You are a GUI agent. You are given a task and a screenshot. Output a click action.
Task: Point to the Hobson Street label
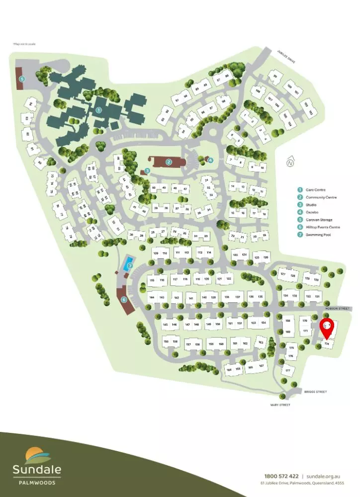[x=338, y=308]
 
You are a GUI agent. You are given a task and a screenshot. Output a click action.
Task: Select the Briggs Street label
[x=315, y=392]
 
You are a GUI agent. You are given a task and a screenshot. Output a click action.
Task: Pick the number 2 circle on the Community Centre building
[x=169, y=162]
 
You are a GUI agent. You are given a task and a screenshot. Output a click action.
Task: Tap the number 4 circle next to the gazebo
[x=210, y=160]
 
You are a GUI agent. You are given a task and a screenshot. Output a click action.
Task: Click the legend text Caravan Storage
[x=319, y=220]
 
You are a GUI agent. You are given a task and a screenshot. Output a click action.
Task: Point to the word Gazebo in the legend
[x=312, y=212]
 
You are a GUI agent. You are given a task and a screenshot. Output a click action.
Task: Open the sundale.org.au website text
[x=326, y=476]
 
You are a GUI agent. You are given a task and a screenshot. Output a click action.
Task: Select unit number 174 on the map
[x=327, y=343]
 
